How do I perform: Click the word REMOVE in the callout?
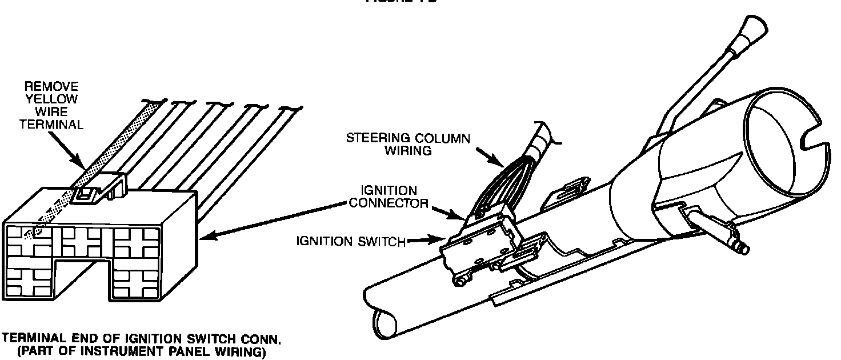(x=51, y=87)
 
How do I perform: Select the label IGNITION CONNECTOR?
(x=389, y=196)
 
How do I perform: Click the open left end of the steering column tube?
(x=382, y=318)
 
